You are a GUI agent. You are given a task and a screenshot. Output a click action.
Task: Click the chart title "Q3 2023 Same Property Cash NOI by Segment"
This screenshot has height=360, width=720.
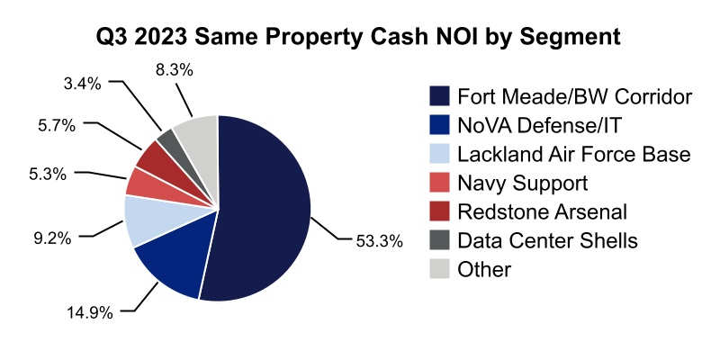(359, 38)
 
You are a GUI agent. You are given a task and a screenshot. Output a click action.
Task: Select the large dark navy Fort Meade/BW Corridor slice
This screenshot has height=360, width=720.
(265, 207)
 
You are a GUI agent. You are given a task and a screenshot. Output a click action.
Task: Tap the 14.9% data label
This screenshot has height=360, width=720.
(90, 312)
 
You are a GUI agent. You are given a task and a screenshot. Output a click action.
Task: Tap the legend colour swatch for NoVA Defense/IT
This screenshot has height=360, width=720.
(439, 125)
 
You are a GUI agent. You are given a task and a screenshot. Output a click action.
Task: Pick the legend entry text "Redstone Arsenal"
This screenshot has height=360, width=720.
(543, 211)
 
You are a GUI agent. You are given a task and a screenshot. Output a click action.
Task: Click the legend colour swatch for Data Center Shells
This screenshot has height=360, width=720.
(439, 240)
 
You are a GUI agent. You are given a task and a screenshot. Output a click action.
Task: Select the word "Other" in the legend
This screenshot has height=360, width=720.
(484, 269)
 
